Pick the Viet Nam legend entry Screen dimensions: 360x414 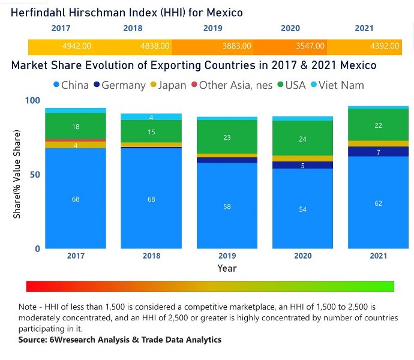(338, 85)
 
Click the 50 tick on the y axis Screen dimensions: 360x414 (35, 175)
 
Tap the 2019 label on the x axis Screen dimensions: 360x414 (227, 256)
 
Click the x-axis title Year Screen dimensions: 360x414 (227, 268)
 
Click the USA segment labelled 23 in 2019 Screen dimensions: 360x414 (227, 137)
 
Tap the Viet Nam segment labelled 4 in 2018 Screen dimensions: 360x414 (151, 117)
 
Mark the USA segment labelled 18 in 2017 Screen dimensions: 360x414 (76, 126)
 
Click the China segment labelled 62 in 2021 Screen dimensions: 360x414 (379, 203)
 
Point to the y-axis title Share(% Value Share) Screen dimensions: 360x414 (17, 174)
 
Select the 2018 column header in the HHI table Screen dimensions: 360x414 (133, 28)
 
